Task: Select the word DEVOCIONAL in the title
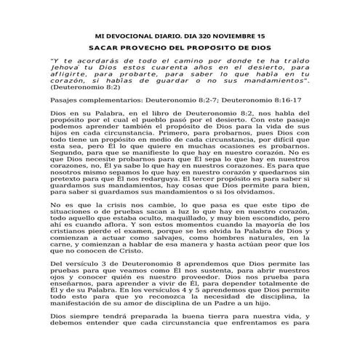135,34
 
